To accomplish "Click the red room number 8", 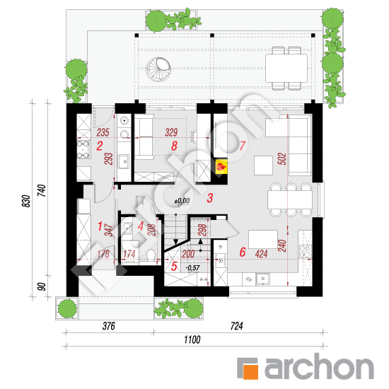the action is pos(174,146).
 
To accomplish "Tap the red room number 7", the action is pos(242,146).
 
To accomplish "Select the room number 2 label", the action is pos(100,146).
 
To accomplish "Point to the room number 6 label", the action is pos(243,252).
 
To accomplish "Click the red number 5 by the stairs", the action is pos(174,267).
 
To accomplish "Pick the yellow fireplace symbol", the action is pos(221,166).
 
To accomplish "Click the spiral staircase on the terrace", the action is pos(158,69).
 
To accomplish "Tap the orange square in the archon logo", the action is pos(250,372).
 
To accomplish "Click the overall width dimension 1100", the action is pos(192,339).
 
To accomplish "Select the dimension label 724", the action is pos(237,326).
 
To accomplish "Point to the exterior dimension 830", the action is pos(27,201).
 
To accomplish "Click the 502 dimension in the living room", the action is pos(283,159).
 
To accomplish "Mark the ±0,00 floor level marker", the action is pos(182,201).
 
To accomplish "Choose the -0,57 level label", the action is pos(193,268).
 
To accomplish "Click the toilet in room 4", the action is pos(151,255).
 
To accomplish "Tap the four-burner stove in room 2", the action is pos(83,149).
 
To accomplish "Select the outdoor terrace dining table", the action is pos(286,68).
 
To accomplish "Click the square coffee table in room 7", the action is pos(264,166).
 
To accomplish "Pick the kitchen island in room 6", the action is pos(263,239).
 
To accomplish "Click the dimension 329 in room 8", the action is pos(171,132).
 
